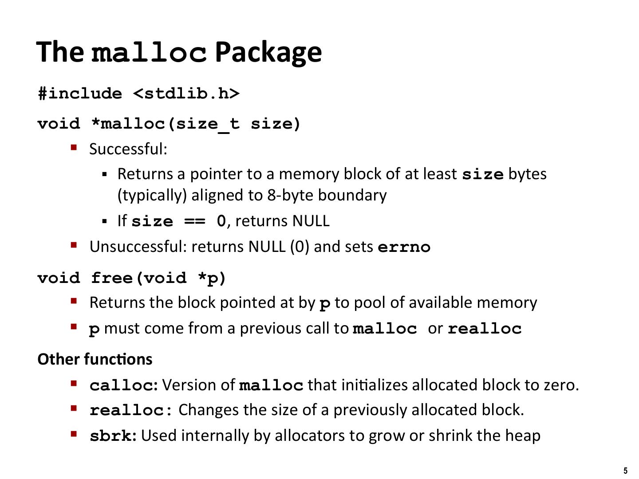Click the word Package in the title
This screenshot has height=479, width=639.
(268, 52)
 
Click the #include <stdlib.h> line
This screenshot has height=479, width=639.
(138, 94)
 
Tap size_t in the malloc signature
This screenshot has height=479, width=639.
(207, 124)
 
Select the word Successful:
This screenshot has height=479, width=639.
(128, 149)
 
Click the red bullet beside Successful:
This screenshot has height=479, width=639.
(74, 147)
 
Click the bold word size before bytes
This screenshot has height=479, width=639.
(482, 174)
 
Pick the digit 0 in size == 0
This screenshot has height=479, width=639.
(221, 221)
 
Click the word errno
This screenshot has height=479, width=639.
(404, 247)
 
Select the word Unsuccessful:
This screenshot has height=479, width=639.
(138, 247)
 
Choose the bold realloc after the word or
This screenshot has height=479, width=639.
(485, 329)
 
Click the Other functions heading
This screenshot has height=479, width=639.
(95, 359)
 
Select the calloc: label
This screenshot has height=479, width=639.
(123, 385)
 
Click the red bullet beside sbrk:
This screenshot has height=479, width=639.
(74, 433)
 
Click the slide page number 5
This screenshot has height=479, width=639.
(626, 471)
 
